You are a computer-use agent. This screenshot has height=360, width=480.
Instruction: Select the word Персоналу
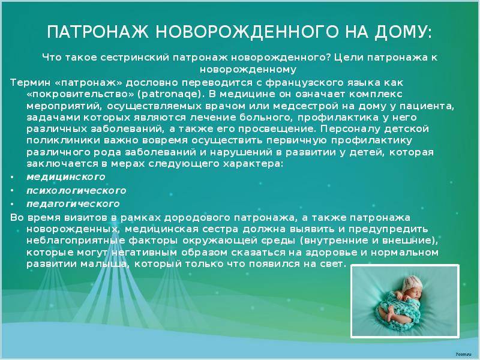[x=350, y=129]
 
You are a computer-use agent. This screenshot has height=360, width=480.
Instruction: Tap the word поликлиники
[x=64, y=140]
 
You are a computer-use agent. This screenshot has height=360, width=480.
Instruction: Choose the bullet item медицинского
[x=66, y=177]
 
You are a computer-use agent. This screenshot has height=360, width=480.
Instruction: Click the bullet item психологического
[x=76, y=191]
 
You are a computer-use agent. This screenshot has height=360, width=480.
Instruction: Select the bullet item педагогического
[x=73, y=204]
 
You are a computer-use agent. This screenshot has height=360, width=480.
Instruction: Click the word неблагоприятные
[x=76, y=241]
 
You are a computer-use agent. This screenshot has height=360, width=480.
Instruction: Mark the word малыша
[x=103, y=264]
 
